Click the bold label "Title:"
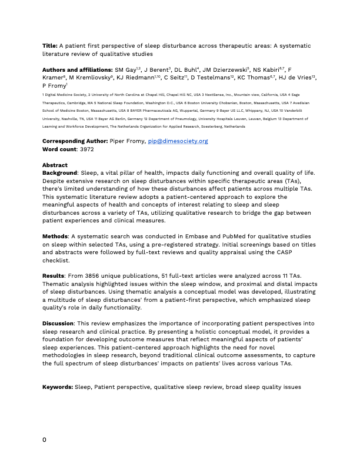(50, 45)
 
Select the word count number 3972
(87, 149)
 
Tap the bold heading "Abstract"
(55, 165)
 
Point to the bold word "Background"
(60, 173)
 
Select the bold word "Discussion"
(58, 324)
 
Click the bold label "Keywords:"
(58, 387)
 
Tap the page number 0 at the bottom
(45, 440)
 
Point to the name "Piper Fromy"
(128, 141)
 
